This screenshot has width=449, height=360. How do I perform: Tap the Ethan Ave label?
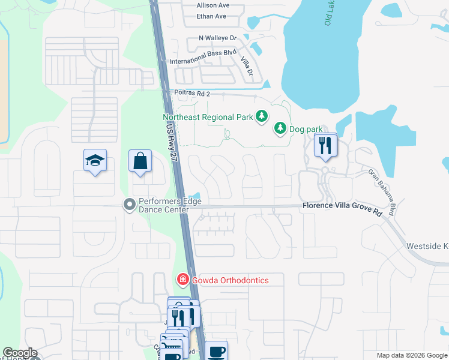[x=211, y=16]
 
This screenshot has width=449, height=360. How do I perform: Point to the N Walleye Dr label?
[x=218, y=38]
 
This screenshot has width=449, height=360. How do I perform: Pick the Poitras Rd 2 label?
[x=192, y=94]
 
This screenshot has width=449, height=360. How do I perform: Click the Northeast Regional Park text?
[x=208, y=118]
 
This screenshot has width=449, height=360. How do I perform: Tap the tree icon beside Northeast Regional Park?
[x=262, y=116]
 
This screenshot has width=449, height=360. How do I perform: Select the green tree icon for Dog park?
[x=280, y=128]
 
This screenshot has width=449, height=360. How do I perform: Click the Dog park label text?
[x=306, y=129]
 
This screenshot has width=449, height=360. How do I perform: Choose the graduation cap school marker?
[x=95, y=160]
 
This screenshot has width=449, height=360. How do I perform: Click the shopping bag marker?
[x=140, y=161]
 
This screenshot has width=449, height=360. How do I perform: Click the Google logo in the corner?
[x=19, y=353]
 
